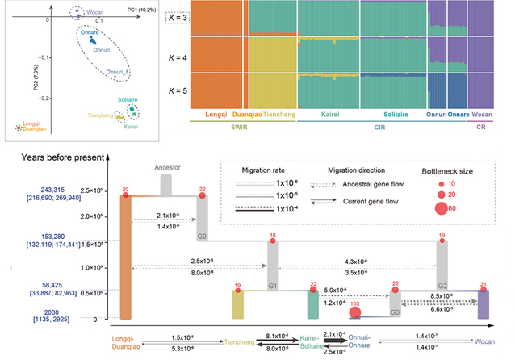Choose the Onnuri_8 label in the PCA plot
(119, 72)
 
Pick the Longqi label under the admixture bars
(206, 115)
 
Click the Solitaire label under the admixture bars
(393, 115)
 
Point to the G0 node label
(201, 238)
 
